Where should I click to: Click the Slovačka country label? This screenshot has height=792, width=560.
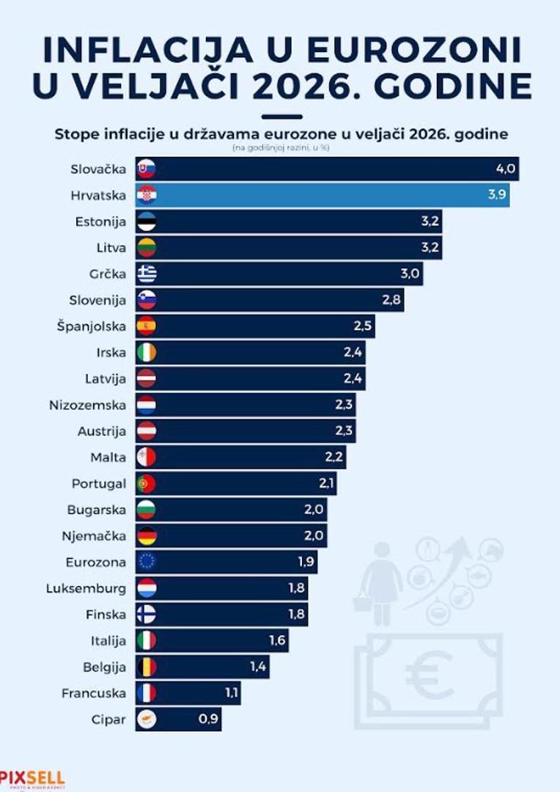tap(98, 169)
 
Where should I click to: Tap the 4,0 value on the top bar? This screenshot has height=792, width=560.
tap(506, 169)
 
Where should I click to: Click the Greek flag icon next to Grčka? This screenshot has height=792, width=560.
tap(147, 274)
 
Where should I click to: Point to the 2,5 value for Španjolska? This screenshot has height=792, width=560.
tap(362, 326)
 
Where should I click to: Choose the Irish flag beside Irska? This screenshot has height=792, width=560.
tap(147, 352)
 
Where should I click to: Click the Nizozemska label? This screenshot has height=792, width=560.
tap(87, 405)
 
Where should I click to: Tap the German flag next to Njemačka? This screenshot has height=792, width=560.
tap(147, 535)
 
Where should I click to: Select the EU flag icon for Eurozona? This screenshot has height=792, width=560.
tap(147, 562)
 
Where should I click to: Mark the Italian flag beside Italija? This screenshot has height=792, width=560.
tap(147, 640)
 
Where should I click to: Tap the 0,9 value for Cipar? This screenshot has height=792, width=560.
tap(208, 719)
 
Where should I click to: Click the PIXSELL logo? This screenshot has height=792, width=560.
tap(32, 778)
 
